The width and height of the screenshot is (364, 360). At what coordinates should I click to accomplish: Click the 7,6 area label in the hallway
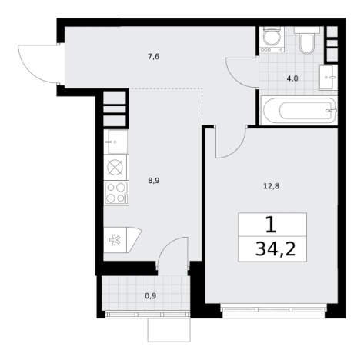153,56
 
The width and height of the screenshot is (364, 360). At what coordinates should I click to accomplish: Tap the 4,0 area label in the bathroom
292,78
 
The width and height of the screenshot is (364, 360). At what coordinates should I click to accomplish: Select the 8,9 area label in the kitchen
154,181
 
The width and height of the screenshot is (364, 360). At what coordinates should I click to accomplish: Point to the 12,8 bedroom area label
272,186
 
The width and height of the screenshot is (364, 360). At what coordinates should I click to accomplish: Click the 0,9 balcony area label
151,296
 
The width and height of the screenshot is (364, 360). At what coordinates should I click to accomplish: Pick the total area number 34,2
276,249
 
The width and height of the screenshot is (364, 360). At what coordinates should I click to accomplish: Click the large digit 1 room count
271,225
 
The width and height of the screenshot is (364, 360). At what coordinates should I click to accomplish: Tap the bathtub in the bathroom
299,111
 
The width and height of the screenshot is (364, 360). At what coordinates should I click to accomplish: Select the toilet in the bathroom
307,41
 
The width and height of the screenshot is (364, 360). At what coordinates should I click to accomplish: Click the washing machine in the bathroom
272,39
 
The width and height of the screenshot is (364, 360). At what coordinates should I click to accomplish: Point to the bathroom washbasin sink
328,77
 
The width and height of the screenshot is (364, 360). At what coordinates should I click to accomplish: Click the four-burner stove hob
116,192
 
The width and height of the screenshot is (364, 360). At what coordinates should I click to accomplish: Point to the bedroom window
274,309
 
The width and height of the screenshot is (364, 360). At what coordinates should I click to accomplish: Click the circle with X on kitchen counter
115,167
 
